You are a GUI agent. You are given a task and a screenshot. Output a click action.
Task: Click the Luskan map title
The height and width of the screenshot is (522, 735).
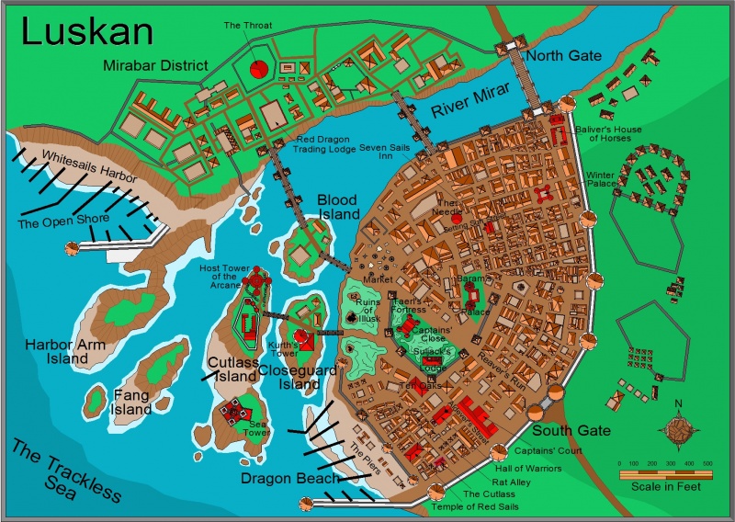(86, 31)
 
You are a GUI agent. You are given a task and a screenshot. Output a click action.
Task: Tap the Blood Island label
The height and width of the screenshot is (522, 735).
(338, 207)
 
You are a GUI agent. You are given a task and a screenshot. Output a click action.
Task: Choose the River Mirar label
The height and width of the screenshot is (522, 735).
(471, 102)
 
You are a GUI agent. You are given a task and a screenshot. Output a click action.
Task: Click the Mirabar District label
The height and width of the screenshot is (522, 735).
(155, 65)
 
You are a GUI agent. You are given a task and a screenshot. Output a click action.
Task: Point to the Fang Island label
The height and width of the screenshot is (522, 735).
(131, 402)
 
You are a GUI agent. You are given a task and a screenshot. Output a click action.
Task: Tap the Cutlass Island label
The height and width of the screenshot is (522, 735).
(232, 369)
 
